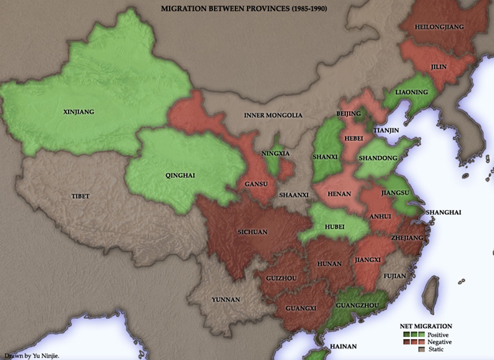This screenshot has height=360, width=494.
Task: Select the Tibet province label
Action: (x=80, y=196)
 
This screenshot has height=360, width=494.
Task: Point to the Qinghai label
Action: (x=181, y=175)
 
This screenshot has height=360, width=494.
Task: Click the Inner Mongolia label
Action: (x=272, y=115)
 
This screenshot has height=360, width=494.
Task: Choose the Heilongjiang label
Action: (x=440, y=25)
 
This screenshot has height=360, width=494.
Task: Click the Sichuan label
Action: (x=252, y=231)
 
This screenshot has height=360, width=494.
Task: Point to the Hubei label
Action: (x=333, y=227)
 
